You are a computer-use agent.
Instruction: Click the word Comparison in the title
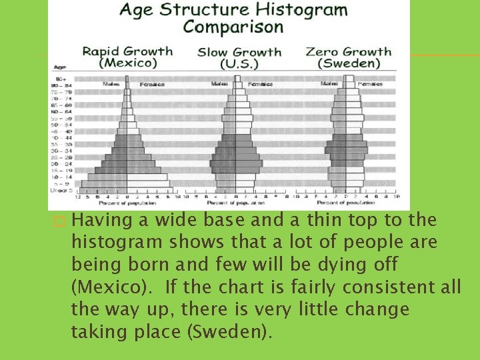point(233,27)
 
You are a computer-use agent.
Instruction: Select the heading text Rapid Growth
point(127,51)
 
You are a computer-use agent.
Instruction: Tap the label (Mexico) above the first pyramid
point(127,63)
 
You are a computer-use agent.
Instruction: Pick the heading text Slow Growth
point(239,51)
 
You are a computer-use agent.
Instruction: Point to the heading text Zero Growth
point(348,51)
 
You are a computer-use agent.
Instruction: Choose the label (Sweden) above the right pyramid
point(348,64)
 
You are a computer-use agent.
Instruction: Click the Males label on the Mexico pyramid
point(111,85)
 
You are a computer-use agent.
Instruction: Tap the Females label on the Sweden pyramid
point(370,85)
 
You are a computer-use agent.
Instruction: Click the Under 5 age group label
point(61,190)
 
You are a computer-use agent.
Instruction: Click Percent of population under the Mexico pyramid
point(127,203)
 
